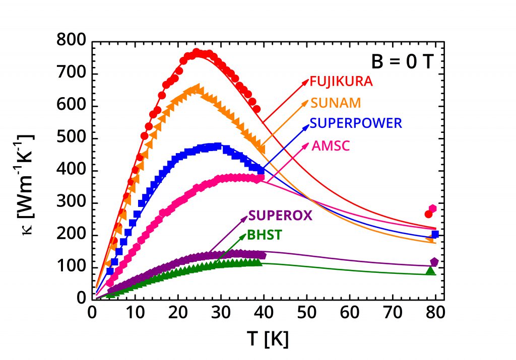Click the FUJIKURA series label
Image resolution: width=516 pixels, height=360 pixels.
341,82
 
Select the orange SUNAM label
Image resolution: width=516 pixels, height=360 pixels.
336,103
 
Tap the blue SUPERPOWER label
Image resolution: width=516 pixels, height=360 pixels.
356,123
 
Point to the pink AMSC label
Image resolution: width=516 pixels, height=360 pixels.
331,146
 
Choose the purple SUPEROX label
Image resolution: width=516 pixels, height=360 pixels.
280,215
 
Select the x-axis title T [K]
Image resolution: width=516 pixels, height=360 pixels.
268,339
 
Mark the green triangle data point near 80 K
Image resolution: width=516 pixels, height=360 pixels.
430,271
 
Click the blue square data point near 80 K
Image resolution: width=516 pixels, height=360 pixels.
435,234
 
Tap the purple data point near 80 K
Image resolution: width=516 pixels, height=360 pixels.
434,262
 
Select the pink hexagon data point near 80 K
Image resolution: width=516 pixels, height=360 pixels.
432,208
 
